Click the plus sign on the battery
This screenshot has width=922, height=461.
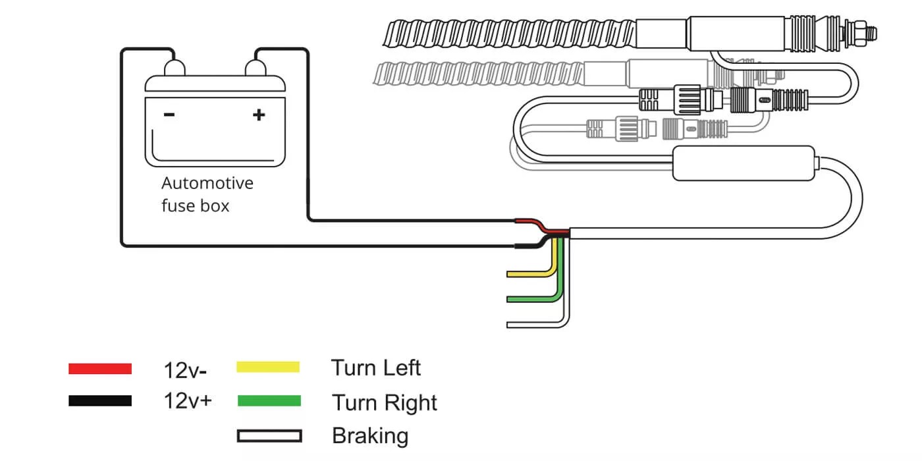[259, 115]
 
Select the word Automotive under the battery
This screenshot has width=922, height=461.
[207, 182]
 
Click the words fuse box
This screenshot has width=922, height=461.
[196, 205]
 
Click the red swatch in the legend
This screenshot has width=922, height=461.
[100, 369]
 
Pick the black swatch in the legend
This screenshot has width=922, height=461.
[100, 400]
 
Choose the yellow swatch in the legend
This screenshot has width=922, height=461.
[268, 367]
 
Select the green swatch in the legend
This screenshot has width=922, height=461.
[269, 401]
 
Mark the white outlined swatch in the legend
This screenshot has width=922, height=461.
[269, 436]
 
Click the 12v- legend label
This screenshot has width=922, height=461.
[185, 370]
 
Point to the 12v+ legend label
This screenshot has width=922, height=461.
[188, 401]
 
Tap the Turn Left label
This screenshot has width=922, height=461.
[375, 367]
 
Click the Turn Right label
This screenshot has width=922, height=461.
[385, 402]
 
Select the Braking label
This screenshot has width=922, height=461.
[370, 436]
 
